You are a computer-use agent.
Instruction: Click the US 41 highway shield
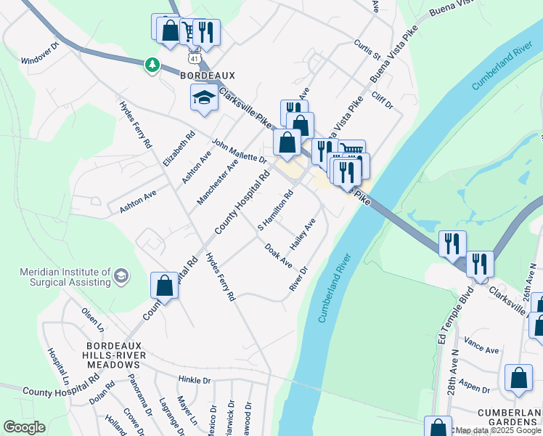[192, 57]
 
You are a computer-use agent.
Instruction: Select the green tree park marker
[152, 65]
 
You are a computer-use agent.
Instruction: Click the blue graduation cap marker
[204, 97]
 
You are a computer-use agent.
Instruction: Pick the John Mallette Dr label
[239, 151]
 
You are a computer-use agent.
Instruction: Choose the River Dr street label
[299, 279]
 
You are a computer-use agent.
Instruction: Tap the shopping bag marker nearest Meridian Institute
[165, 286]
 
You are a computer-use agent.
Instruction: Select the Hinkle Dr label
[194, 379]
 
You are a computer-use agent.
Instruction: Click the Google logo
[24, 427]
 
